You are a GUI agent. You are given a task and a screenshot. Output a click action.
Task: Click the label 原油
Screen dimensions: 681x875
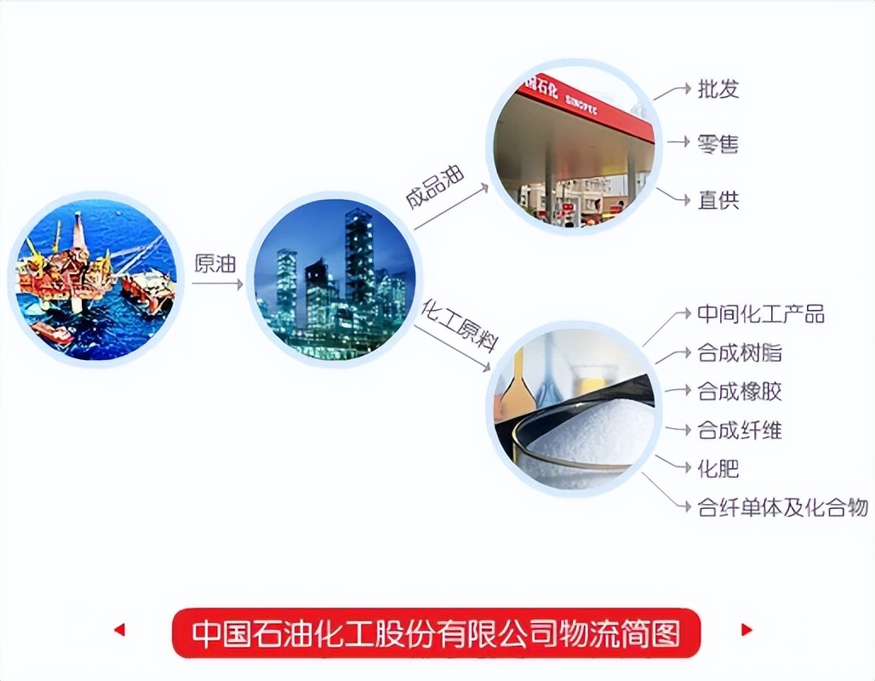point(214,264)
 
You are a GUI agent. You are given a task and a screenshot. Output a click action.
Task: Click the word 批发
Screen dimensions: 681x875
point(718,89)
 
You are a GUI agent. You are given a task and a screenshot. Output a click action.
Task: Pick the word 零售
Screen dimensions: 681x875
point(718,144)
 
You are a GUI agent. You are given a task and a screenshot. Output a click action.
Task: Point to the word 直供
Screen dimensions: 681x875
point(718,201)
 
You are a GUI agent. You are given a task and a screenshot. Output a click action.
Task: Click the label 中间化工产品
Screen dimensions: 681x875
point(761,314)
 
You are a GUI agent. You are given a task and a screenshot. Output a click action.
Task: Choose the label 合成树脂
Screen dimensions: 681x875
point(739,353)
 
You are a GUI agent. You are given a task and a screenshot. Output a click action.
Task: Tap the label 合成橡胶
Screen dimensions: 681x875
point(739,392)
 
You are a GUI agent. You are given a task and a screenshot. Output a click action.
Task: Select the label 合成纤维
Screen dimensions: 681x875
point(739,431)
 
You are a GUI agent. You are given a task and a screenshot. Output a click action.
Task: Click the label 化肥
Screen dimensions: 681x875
point(718,469)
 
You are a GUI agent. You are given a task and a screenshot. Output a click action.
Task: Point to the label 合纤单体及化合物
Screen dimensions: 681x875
point(782,508)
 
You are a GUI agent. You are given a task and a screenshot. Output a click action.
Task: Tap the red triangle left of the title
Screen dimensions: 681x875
point(119,630)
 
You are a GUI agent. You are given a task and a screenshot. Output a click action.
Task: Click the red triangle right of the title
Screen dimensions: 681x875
point(746,630)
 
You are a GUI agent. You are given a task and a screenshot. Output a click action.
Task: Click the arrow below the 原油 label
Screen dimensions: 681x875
point(216,284)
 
